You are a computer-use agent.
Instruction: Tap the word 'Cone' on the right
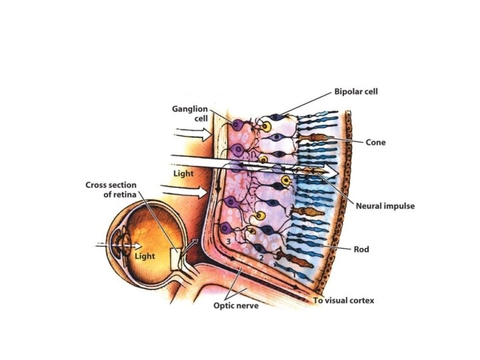375,142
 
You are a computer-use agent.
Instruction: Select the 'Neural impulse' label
384,206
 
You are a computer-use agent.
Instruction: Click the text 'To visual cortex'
344,301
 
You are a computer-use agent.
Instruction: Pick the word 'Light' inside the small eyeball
145,256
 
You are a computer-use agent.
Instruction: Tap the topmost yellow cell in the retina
267,126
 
